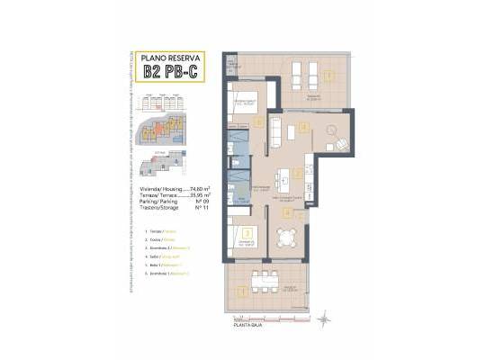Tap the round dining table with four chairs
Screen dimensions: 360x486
[287, 238]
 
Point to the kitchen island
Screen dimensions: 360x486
[287, 175]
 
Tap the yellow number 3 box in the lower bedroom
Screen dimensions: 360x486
[247, 231]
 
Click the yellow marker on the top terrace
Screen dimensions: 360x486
[330, 75]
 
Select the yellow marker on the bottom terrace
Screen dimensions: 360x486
[242, 291]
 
